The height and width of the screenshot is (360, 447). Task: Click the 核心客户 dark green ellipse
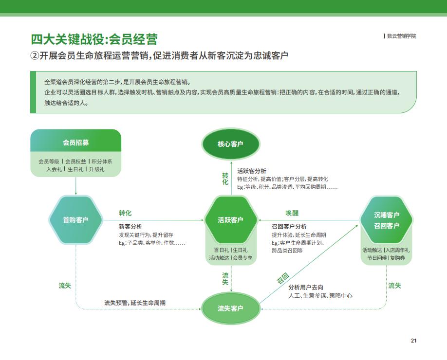[231, 144]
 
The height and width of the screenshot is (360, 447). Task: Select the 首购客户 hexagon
[75, 220]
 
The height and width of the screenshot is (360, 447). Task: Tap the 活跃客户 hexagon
[231, 220]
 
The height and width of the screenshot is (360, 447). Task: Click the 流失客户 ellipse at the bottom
[231, 308]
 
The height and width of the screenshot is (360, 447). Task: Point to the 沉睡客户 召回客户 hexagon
[386, 220]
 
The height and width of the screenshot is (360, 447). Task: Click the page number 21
[414, 341]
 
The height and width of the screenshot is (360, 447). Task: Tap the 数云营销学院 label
[401, 36]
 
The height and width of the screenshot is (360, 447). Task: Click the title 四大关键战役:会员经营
[94, 39]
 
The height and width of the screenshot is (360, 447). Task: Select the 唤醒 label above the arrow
[292, 213]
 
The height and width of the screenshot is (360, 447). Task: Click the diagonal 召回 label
[283, 278]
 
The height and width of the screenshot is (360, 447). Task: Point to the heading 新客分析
[130, 227]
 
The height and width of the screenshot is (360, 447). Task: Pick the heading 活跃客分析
[252, 171]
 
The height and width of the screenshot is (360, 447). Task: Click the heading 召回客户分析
[289, 227]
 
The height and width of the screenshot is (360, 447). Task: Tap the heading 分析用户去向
[306, 288]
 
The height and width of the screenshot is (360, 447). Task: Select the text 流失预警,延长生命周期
[135, 303]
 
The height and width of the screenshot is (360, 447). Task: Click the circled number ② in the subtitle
[34, 55]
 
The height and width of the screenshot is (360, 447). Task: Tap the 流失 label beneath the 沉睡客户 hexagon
[394, 286]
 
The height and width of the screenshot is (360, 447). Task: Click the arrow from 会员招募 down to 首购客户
[76, 186]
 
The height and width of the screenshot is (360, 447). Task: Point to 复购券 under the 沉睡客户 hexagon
[397, 258]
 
